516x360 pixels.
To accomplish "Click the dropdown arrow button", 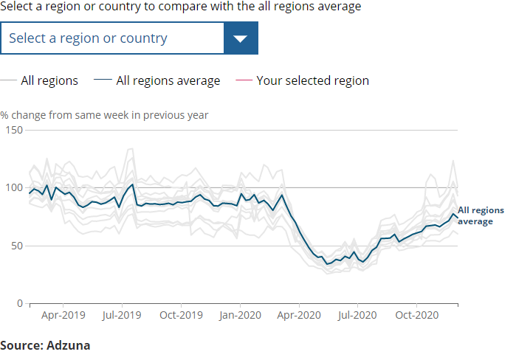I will [241, 38].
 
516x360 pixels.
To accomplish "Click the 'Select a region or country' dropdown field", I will [112, 38].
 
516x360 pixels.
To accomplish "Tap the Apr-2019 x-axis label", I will [63, 315].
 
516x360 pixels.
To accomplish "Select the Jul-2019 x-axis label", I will [122, 315].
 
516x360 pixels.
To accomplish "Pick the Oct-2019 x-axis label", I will [181, 315].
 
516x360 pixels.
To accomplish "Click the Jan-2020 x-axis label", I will [240, 315].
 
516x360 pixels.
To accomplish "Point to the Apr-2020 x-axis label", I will [298, 315].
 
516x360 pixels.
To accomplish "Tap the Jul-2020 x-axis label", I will [357, 315].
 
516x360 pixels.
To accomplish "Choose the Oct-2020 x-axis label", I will [416, 315].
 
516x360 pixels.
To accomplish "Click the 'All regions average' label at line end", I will [481, 215].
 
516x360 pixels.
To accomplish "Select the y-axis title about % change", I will [104, 115].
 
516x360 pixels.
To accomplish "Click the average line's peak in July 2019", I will [132, 184].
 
